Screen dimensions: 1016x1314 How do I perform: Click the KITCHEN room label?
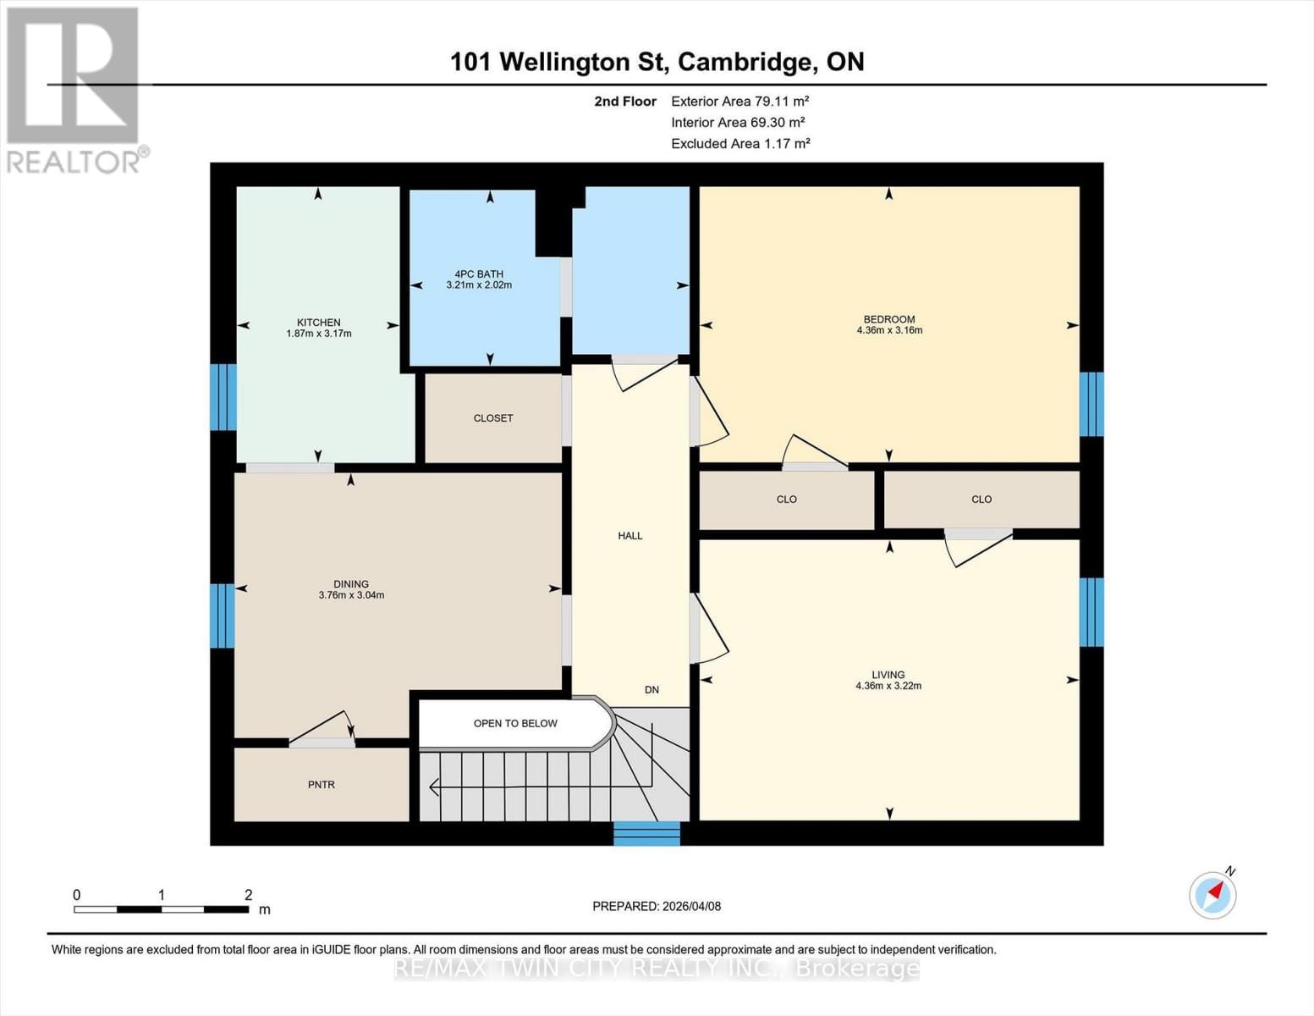pyautogui.click(x=319, y=323)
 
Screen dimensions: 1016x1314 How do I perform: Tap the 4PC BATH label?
pyautogui.click(x=479, y=273)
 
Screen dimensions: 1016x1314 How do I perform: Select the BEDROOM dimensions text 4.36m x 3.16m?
pyautogui.click(x=889, y=330)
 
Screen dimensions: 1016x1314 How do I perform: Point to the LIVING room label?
pyautogui.click(x=888, y=675)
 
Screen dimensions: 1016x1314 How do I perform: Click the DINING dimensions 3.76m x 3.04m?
pyautogui.click(x=351, y=595)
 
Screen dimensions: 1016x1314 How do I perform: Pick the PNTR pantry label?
pyautogui.click(x=322, y=785)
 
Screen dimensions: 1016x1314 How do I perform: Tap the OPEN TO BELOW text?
pyautogui.click(x=515, y=723)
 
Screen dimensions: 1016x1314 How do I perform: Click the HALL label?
pyautogui.click(x=630, y=536)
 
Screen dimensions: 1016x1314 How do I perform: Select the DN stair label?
pyautogui.click(x=652, y=690)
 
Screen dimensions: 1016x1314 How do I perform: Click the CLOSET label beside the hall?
pyautogui.click(x=493, y=418)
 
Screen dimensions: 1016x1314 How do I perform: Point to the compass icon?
pyautogui.click(x=1213, y=894)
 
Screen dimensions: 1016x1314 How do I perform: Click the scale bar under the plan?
pyautogui.click(x=161, y=909)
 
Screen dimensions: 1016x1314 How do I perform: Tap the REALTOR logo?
pyautogui.click(x=74, y=89)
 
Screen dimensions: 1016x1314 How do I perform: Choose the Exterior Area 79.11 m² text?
pyautogui.click(x=740, y=101)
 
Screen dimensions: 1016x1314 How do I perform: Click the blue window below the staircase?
pyautogui.click(x=647, y=833)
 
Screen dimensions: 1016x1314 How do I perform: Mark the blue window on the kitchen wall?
pyautogui.click(x=223, y=397)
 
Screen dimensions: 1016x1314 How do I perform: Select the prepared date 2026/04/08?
pyautogui.click(x=657, y=906)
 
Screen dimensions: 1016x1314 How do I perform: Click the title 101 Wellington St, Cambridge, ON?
pyautogui.click(x=657, y=62)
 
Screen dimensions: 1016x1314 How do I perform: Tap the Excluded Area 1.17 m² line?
pyautogui.click(x=740, y=144)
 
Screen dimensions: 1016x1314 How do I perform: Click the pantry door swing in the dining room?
pyautogui.click(x=326, y=729)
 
